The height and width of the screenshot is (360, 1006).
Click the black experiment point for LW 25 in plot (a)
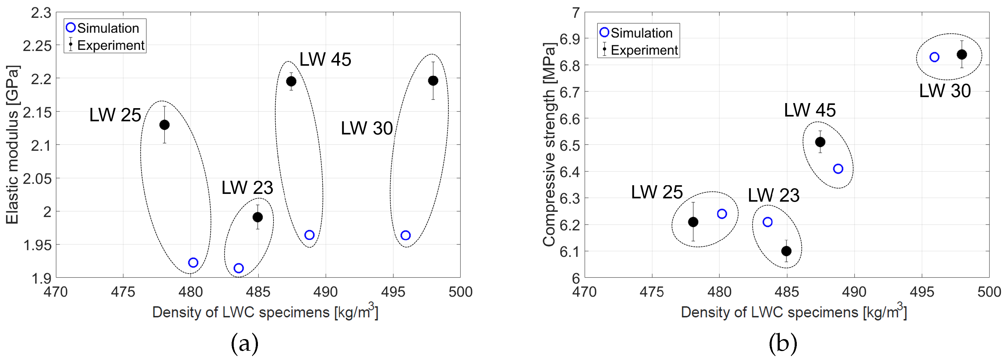pyautogui.click(x=164, y=125)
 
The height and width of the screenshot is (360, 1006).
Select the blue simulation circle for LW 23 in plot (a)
pyautogui.click(x=238, y=268)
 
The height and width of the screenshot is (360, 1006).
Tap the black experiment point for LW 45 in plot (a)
pyautogui.click(x=291, y=81)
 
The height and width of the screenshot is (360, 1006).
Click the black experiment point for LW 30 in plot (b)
pyautogui.click(x=962, y=54)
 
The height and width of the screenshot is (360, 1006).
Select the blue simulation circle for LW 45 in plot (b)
pyautogui.click(x=838, y=169)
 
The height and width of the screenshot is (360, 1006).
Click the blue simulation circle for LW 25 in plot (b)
pyautogui.click(x=722, y=214)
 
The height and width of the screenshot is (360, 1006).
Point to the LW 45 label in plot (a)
pyautogui.click(x=325, y=60)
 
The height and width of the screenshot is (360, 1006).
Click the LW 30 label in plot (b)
pyautogui.click(x=945, y=91)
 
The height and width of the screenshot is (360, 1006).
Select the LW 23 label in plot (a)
pyautogui.click(x=247, y=188)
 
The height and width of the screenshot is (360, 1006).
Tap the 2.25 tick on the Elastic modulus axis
pyautogui.click(x=37, y=46)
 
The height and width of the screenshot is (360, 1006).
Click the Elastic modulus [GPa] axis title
pyautogui.click(x=12, y=145)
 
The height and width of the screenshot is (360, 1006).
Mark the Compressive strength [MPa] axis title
pyautogui.click(x=549, y=145)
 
